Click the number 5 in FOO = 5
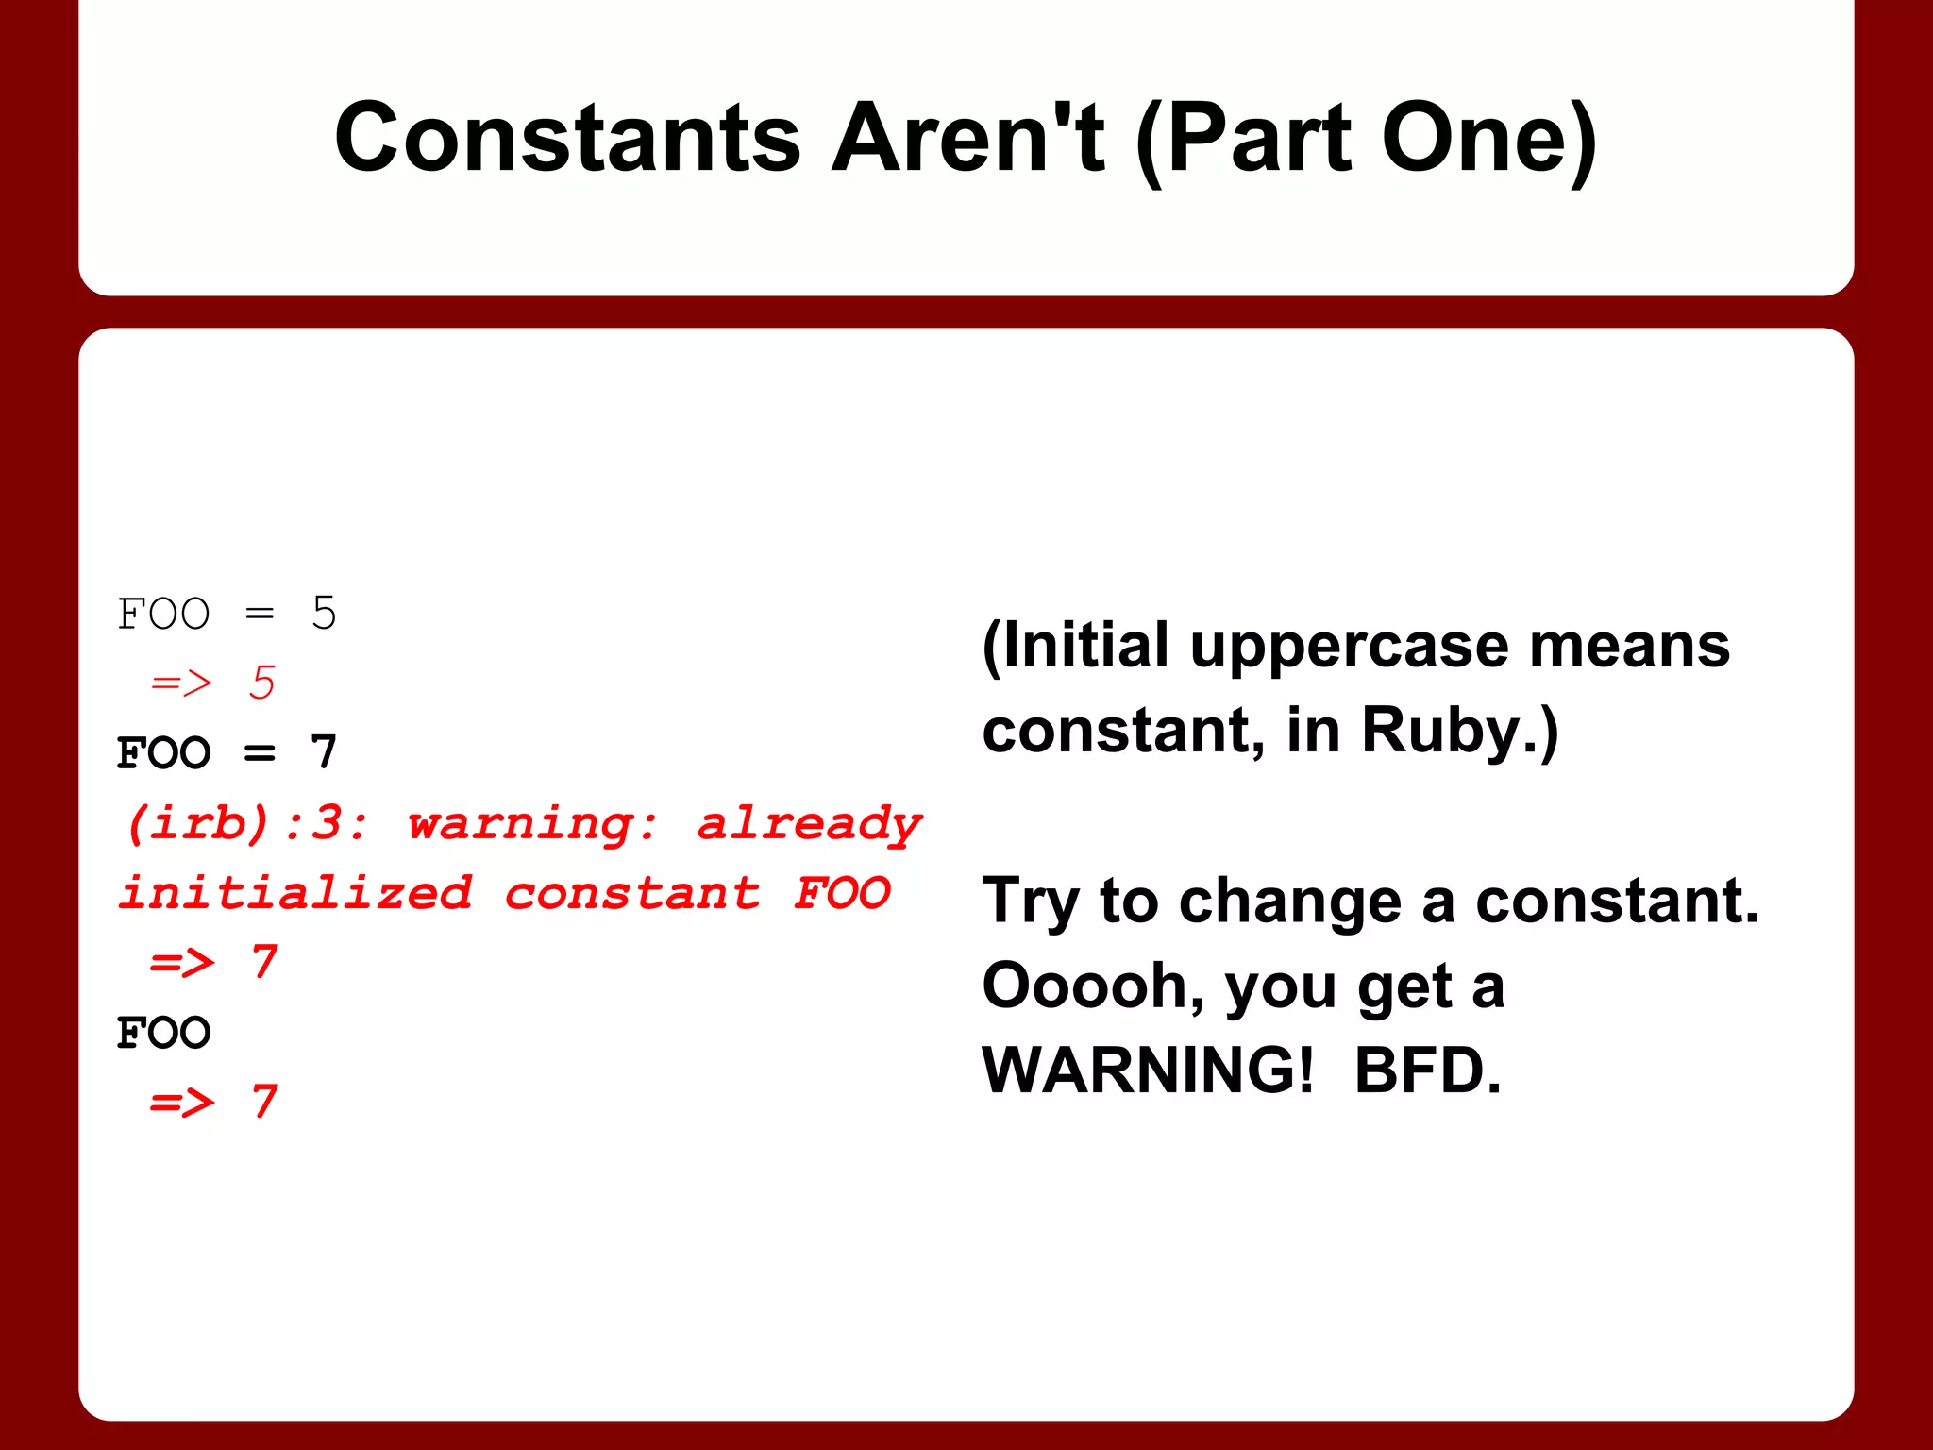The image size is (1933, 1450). [x=324, y=614]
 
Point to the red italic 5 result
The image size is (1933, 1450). [x=261, y=683]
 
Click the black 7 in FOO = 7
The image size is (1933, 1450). [x=324, y=752]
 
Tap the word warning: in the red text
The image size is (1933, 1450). [x=532, y=823]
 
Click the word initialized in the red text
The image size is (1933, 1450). [x=295, y=893]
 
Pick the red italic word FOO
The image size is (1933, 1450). [x=842, y=893]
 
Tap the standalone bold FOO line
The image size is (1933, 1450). [x=163, y=1033]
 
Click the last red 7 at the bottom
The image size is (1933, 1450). [x=264, y=1102]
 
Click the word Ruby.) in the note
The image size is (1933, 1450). [x=1459, y=732]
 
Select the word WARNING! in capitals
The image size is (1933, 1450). [x=1148, y=1071]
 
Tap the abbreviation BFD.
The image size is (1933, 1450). [x=1427, y=1071]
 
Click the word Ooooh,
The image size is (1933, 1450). [x=1093, y=986]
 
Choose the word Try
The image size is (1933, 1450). [x=1030, y=902]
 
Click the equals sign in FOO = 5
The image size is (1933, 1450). [x=260, y=615]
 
